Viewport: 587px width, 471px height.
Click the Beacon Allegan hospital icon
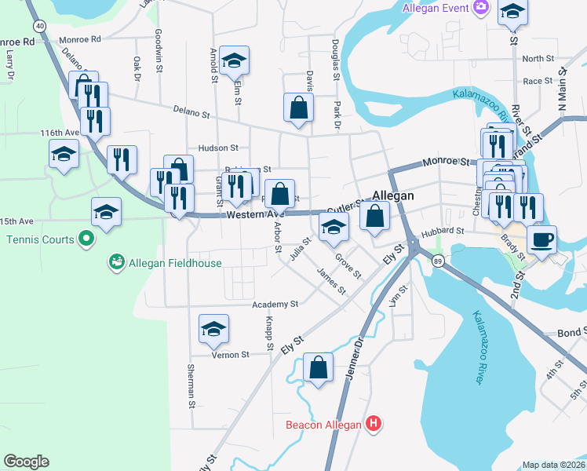(x=374, y=425)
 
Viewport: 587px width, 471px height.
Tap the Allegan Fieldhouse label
(x=175, y=264)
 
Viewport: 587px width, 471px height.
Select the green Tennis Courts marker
(x=86, y=239)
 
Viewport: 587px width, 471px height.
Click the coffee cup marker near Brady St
(x=541, y=239)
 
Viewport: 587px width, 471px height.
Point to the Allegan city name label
(x=392, y=195)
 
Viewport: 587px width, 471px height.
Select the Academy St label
(x=275, y=304)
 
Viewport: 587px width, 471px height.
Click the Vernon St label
(x=230, y=355)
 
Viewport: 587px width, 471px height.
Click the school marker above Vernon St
(x=213, y=330)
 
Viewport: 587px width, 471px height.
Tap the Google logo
(x=26, y=462)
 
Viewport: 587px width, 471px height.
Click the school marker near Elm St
(x=234, y=60)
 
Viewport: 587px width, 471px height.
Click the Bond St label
(x=571, y=333)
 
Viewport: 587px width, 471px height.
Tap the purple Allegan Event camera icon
(x=480, y=9)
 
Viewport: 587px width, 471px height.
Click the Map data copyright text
(x=554, y=465)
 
